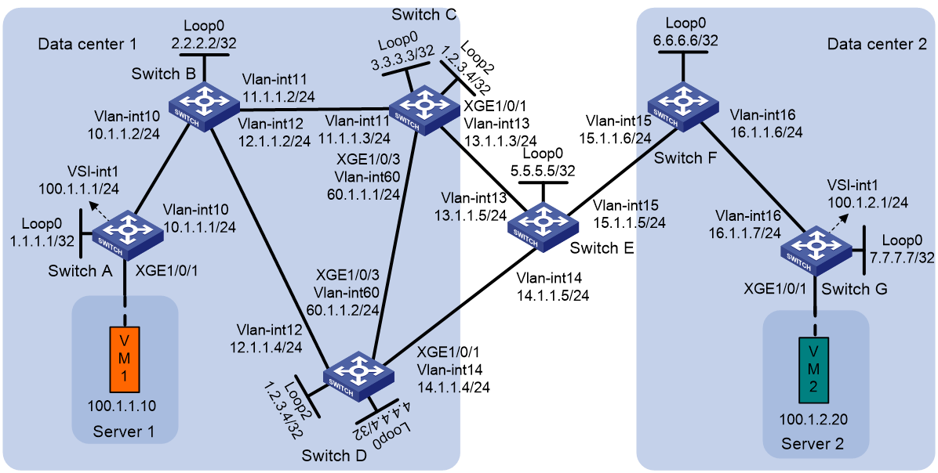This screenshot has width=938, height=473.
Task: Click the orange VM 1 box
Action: (125, 357)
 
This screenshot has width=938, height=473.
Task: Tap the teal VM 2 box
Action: (813, 370)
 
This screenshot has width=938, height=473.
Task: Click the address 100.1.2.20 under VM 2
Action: (813, 419)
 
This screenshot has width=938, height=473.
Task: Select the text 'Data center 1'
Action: (87, 44)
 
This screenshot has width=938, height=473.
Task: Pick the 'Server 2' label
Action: (814, 444)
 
